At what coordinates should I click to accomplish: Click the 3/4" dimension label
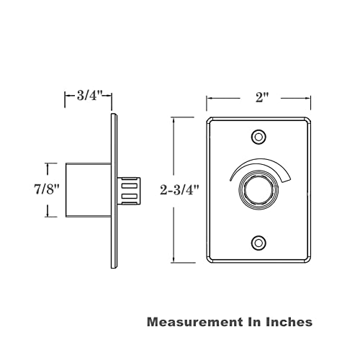tap(90, 96)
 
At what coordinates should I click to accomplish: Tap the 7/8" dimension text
tap(47, 189)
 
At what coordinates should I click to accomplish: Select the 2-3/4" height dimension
tap(179, 190)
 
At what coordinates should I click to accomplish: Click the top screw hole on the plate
tap(258, 138)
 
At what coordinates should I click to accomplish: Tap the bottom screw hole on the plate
tap(258, 243)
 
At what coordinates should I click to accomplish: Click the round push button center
tap(258, 189)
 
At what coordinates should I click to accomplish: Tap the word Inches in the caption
tap(289, 322)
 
